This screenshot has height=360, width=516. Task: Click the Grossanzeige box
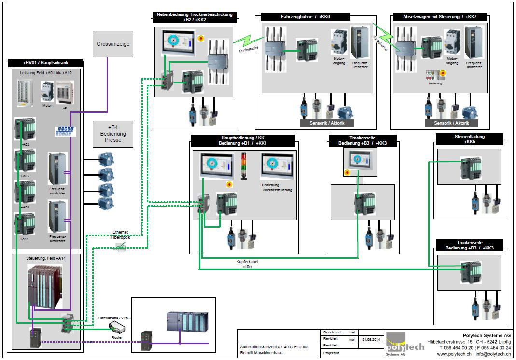point(112,44)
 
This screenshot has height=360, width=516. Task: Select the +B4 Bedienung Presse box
point(112,134)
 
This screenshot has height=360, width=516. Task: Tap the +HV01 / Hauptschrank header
point(46,63)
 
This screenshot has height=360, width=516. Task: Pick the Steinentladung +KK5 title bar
point(469,139)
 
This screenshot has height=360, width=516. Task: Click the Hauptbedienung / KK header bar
point(242,140)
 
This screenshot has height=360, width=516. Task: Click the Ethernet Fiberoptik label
point(120,235)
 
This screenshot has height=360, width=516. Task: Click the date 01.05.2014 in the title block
point(369,339)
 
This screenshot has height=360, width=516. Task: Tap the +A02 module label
point(26,144)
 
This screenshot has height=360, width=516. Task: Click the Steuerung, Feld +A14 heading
point(46,259)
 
